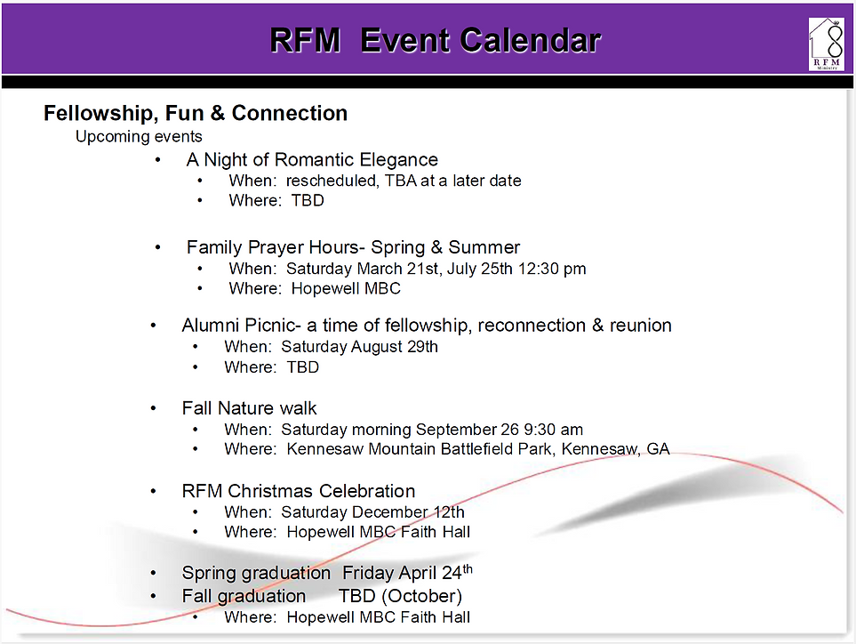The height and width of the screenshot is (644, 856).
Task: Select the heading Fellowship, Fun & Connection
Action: point(196,113)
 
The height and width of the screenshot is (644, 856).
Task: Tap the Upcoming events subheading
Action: point(139,137)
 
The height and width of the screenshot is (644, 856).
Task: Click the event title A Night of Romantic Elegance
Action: point(312,160)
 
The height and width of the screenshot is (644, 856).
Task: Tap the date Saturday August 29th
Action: point(359,347)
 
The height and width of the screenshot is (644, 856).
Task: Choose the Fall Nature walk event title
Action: point(249,408)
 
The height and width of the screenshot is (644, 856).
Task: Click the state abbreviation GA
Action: point(658,449)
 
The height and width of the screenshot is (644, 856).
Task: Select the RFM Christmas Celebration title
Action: point(298,491)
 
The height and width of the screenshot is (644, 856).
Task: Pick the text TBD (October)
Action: point(400,596)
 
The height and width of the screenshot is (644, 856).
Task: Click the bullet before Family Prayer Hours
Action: point(158,247)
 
